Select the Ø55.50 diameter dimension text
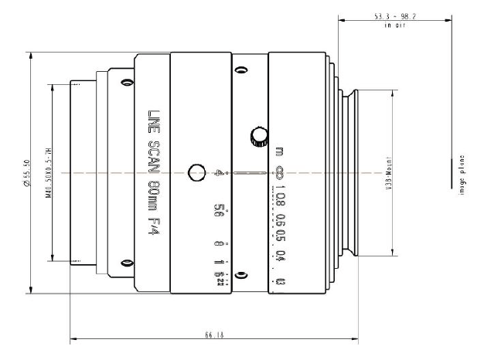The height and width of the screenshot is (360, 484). tap(28, 174)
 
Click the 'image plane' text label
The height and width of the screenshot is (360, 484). tap(462, 174)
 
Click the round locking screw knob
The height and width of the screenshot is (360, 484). tap(255, 138)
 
